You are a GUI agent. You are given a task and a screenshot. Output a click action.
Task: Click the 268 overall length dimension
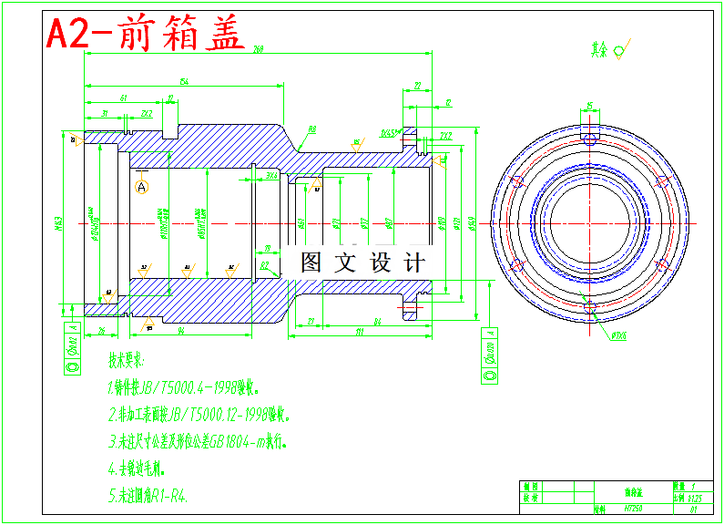point(259,48)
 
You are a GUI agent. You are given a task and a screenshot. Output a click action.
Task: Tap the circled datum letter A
point(141,187)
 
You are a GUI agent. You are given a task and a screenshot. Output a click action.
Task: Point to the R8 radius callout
point(311,130)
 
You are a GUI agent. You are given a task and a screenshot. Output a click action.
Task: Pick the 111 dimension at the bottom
point(360,333)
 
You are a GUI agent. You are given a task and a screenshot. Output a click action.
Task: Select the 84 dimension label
point(376,321)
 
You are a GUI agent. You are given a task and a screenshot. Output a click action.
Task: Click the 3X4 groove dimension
point(271,174)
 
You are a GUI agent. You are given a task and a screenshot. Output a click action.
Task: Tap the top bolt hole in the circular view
point(591,140)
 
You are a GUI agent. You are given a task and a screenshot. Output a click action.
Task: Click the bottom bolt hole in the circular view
point(591,305)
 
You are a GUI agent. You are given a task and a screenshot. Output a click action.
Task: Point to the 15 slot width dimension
point(590,106)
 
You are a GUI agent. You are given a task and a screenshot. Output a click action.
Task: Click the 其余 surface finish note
point(598,48)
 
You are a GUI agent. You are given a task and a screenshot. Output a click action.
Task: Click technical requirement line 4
point(136,470)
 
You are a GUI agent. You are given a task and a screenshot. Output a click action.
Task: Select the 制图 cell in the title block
point(530,488)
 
